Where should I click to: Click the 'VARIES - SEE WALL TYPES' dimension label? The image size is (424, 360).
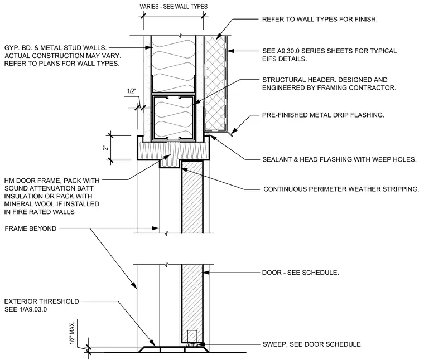(x=174, y=7)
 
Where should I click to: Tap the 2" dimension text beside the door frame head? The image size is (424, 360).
(x=105, y=148)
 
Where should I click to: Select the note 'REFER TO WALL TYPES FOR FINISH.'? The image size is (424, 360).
(x=320, y=19)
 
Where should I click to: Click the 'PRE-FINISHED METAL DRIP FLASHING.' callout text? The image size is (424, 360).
(x=323, y=115)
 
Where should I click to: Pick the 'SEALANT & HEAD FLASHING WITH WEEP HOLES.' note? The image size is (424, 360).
(x=339, y=159)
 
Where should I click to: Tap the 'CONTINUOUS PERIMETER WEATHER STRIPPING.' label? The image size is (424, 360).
(x=341, y=189)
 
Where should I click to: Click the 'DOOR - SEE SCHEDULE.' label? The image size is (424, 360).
(x=300, y=273)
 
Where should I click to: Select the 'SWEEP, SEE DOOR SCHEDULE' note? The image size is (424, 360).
(x=311, y=344)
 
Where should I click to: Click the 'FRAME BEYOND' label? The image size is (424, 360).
(x=31, y=228)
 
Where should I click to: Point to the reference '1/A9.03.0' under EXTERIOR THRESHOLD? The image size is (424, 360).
(x=33, y=309)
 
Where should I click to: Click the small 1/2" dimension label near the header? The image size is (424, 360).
(x=131, y=91)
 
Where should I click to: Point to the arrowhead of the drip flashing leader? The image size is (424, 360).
(x=234, y=130)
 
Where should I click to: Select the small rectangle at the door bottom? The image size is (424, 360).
(x=192, y=336)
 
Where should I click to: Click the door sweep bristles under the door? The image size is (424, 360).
(x=192, y=344)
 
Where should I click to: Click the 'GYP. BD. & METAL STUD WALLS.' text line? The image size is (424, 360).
(x=55, y=48)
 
